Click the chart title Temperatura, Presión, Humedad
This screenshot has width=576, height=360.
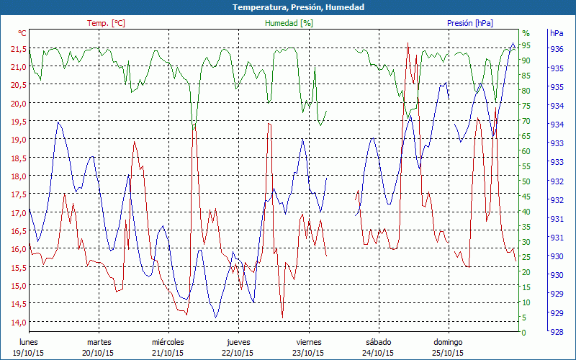click(x=288, y=7)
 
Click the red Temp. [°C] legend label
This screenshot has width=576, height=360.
click(x=106, y=23)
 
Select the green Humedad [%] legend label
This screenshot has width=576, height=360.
click(x=289, y=23)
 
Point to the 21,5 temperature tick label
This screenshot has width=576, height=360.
click(x=18, y=48)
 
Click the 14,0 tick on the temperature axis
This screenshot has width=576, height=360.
click(x=18, y=322)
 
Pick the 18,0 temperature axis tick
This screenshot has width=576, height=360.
click(x=18, y=176)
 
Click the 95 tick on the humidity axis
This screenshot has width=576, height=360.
click(x=526, y=45)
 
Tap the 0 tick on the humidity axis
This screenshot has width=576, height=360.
click(x=524, y=333)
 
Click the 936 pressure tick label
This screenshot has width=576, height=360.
click(x=557, y=50)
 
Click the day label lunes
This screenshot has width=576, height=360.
click(x=28, y=342)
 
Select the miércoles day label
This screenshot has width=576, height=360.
click(x=168, y=342)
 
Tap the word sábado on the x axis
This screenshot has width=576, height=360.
click(x=378, y=342)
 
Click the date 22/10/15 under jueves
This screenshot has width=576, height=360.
click(x=238, y=353)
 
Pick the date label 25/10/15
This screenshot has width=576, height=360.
click(x=447, y=353)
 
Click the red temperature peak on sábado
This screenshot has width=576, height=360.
click(x=408, y=42)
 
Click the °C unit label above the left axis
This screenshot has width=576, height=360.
click(x=22, y=33)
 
